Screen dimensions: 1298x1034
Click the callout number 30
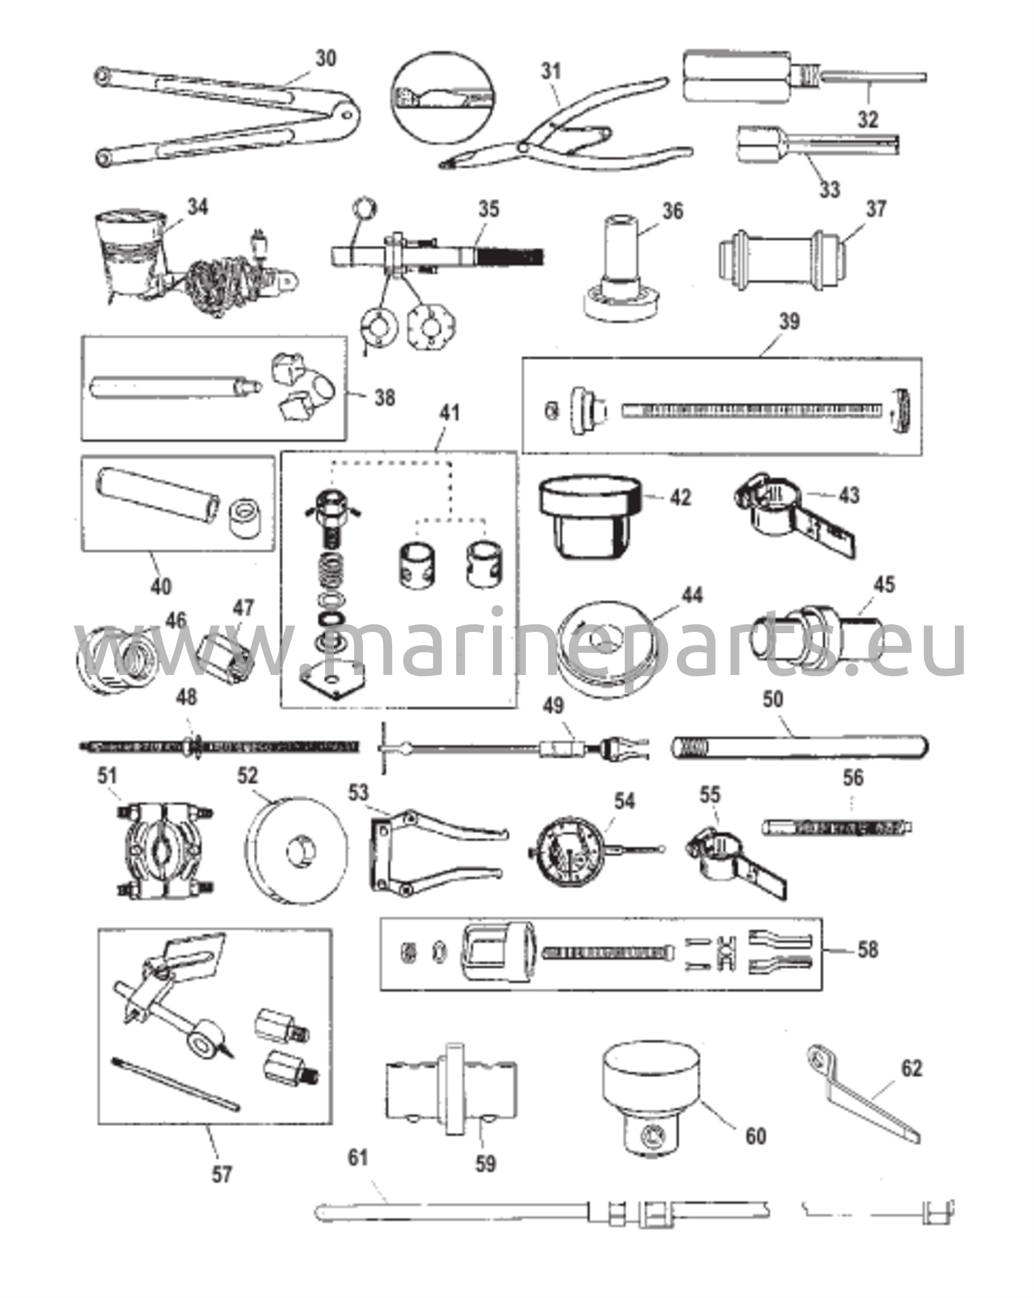(326, 59)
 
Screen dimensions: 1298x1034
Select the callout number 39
(789, 321)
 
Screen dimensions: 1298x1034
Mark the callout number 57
(221, 1174)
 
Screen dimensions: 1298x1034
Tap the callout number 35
(488, 209)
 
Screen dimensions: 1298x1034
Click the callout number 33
(829, 189)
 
